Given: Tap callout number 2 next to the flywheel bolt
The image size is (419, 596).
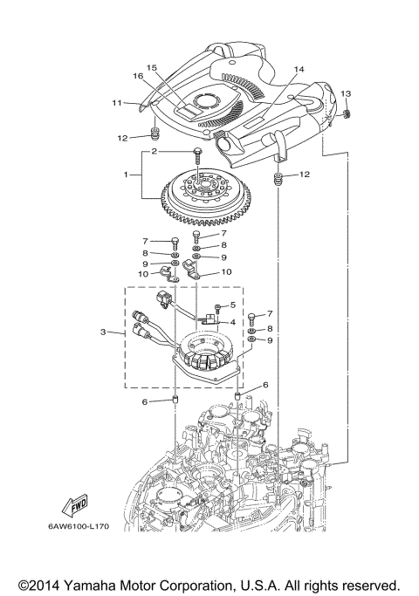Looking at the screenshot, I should [154, 151].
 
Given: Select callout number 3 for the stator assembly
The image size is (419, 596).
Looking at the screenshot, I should [102, 332].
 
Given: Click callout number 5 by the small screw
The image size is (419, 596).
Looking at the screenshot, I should [233, 305].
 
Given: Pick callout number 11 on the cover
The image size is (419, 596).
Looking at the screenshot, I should [116, 104].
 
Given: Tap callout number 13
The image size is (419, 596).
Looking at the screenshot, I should [346, 92].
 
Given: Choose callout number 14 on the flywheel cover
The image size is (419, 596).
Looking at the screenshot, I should [299, 68].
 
